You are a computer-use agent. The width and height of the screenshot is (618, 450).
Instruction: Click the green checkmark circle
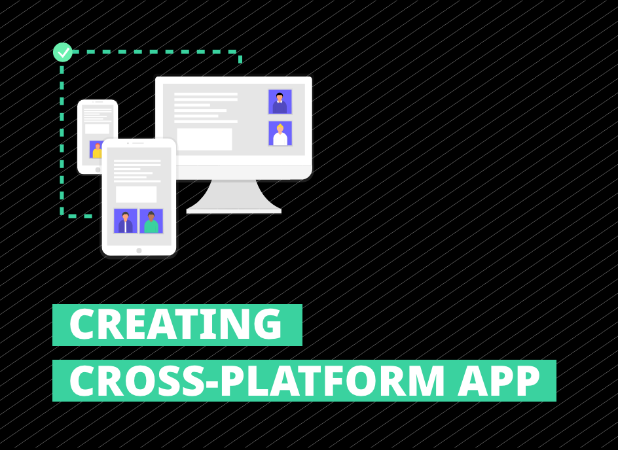pos(63,52)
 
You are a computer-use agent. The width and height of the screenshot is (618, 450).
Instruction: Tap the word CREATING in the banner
pos(175,324)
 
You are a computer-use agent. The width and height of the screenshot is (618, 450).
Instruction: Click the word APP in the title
pos(499,381)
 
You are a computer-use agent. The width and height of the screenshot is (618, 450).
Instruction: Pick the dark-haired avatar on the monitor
pos(280,102)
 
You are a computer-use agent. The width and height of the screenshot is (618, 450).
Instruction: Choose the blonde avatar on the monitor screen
pos(280,133)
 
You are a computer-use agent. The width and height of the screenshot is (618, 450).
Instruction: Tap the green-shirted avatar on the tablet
pos(151,221)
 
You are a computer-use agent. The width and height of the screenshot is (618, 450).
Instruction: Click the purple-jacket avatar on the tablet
pos(126,221)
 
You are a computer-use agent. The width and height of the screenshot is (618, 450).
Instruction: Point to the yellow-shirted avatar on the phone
pos(96,150)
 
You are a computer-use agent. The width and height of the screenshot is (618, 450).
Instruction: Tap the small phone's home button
pos(98,169)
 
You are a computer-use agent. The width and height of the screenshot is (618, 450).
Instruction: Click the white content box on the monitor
pos(204,139)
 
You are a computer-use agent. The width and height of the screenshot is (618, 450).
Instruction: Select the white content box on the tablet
pos(136,194)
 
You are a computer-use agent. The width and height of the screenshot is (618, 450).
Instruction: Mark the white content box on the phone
pos(97,129)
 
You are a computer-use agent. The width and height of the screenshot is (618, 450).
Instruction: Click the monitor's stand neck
pos(234,194)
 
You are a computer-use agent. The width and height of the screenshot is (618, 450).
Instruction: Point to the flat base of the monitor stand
pos(234,211)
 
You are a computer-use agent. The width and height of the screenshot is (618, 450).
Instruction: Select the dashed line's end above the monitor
pos(240,60)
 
